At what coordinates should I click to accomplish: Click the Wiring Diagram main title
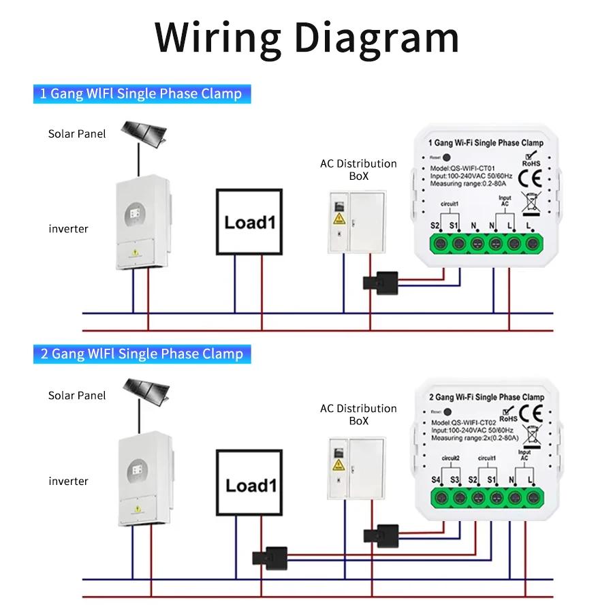tap(306, 37)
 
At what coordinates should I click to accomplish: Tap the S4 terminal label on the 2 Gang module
tap(436, 480)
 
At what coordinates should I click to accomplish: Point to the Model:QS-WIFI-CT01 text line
tap(462, 168)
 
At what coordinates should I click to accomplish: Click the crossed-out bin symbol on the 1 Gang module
tap(527, 203)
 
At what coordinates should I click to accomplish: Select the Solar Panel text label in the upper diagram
tap(77, 133)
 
